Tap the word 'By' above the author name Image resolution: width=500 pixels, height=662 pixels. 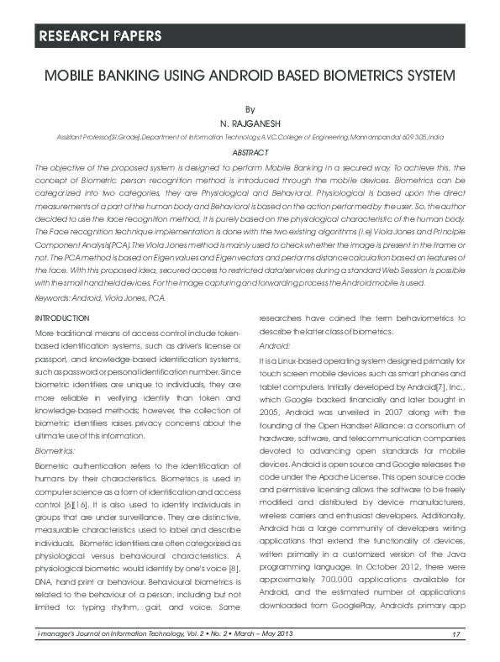pyautogui.click(x=249, y=109)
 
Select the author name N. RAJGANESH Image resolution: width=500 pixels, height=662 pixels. pyautogui.click(x=249, y=123)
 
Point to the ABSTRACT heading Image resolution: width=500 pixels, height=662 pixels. pyautogui.click(x=249, y=152)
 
